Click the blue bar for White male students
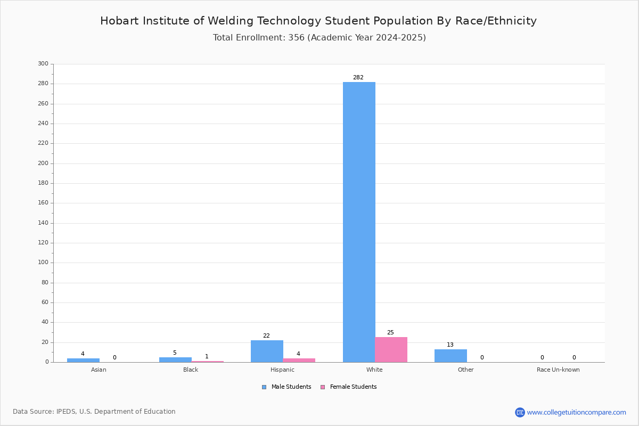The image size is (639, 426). [x=359, y=222]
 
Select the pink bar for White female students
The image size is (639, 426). [x=391, y=349]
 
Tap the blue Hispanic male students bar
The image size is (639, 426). [x=267, y=351]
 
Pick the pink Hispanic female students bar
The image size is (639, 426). [x=299, y=360]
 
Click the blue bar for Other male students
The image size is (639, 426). [x=450, y=356]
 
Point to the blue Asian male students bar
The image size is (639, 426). [x=83, y=360]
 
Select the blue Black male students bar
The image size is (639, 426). [x=175, y=360]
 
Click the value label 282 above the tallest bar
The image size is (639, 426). [x=358, y=77]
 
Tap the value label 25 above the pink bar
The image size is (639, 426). [x=390, y=332]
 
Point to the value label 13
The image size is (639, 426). [x=450, y=345]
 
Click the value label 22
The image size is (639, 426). [x=266, y=335]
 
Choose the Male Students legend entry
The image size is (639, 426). [x=286, y=387]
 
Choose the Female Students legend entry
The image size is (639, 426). [x=349, y=387]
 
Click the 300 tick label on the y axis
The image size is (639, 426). [x=43, y=63]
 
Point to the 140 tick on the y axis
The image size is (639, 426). [x=43, y=223]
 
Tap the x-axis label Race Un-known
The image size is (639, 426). [x=558, y=370]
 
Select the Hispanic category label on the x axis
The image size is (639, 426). [x=282, y=370]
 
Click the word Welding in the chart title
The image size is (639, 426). [x=231, y=21]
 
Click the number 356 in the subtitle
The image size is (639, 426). [x=297, y=38]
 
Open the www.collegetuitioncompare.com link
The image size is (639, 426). [x=577, y=412]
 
